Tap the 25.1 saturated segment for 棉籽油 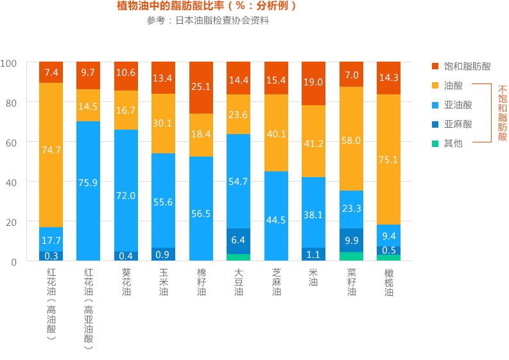click(x=201, y=87)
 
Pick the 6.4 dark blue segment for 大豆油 click(x=238, y=241)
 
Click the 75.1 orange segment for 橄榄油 click(x=388, y=159)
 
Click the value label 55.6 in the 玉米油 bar click(x=163, y=201)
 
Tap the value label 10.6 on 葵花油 click(x=126, y=73)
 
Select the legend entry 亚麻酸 click(x=458, y=124)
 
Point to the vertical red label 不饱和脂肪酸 click(x=502, y=114)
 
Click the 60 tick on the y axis click(x=13, y=142)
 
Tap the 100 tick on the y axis click(x=10, y=63)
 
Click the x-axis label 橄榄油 click(x=388, y=282)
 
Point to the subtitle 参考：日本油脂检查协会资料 click(x=207, y=21)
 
